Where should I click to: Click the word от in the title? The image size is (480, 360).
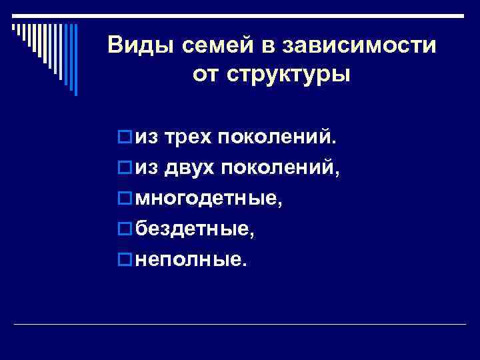(207, 75)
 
